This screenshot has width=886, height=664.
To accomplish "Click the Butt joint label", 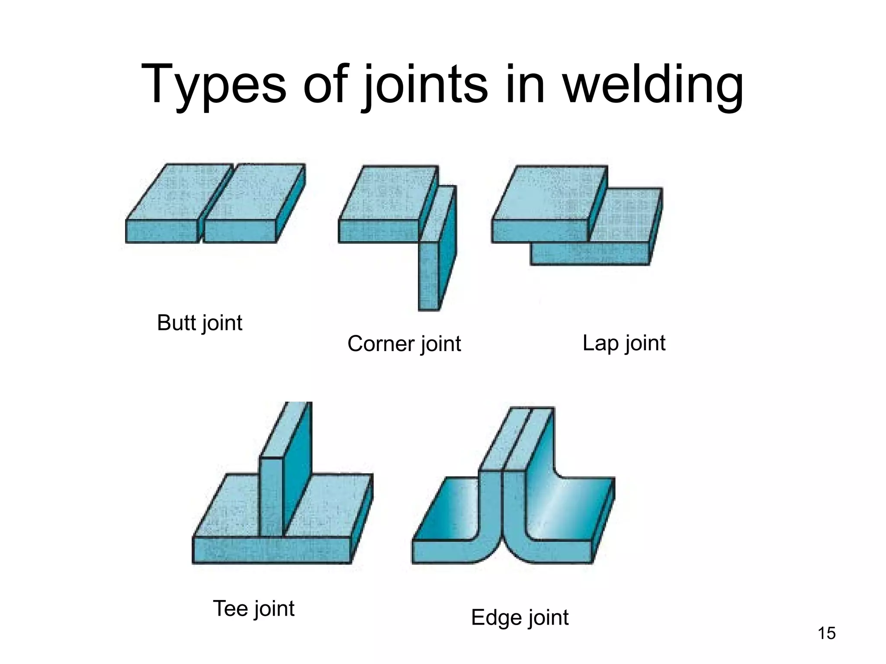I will pyautogui.click(x=199, y=323).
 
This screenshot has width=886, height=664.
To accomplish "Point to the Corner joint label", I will pyautogui.click(x=404, y=344).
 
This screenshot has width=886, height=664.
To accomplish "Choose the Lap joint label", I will pyautogui.click(x=623, y=343).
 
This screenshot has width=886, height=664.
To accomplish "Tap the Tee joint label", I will pyautogui.click(x=254, y=609).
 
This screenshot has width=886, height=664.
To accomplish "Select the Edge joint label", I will pyautogui.click(x=520, y=617).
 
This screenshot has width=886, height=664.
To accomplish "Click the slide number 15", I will pyautogui.click(x=826, y=633).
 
